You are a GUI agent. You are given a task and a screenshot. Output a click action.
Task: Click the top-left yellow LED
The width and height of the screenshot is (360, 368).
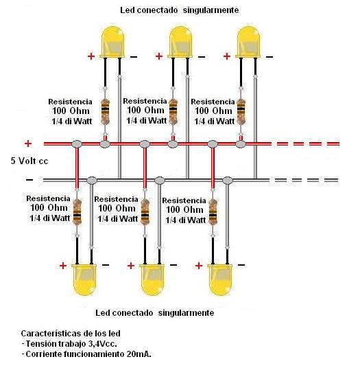[x=112, y=42]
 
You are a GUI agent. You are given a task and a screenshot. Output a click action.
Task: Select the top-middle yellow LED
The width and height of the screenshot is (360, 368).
[x=180, y=42]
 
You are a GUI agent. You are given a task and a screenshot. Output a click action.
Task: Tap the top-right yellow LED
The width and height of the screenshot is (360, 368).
[x=248, y=42]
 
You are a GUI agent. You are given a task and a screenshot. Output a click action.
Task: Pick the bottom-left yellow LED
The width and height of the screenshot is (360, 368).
[x=84, y=279]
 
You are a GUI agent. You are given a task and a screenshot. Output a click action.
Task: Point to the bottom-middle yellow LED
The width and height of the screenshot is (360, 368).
[x=152, y=279]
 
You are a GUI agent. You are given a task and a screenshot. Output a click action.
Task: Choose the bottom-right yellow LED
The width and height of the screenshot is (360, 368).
[x=220, y=279]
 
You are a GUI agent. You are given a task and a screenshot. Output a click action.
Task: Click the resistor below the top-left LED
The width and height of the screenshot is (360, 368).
[x=105, y=111]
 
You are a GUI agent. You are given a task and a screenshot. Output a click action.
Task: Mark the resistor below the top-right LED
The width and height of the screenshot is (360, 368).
[x=241, y=111]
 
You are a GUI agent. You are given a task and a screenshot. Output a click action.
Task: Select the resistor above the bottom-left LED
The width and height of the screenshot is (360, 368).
[x=77, y=212]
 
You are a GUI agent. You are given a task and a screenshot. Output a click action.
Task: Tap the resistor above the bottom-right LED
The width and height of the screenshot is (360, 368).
[x=213, y=212]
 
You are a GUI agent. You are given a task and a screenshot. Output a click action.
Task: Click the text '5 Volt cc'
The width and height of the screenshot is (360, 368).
[x=29, y=161]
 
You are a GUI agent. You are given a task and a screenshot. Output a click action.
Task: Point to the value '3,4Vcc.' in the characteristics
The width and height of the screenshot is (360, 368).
[x=103, y=344]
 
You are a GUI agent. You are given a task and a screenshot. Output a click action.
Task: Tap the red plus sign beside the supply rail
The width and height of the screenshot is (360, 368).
[x=28, y=143]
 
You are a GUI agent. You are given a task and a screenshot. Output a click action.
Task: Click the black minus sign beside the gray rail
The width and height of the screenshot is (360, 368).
[x=29, y=180]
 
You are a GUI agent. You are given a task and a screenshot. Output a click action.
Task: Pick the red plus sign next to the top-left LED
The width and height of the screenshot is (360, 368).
[x=91, y=56]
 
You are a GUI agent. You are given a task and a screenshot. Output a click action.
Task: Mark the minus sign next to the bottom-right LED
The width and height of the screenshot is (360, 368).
[x=241, y=265]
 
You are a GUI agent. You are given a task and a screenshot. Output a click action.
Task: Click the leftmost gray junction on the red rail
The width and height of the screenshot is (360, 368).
[x=77, y=144]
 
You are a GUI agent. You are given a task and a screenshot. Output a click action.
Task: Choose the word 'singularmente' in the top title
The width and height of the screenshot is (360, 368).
[x=211, y=10]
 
